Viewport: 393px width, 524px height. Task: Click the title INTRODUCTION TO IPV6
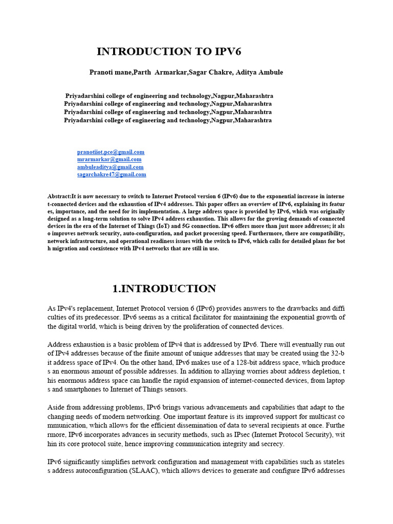point(169,52)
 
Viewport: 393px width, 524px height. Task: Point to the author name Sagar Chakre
point(210,72)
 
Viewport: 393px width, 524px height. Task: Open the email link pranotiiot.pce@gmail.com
point(111,152)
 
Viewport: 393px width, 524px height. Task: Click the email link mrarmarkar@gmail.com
point(109,159)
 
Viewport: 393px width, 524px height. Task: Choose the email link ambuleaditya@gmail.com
point(110,167)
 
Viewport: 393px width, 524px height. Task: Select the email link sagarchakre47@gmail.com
point(112,174)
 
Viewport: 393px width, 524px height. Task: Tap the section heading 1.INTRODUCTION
point(164,289)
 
